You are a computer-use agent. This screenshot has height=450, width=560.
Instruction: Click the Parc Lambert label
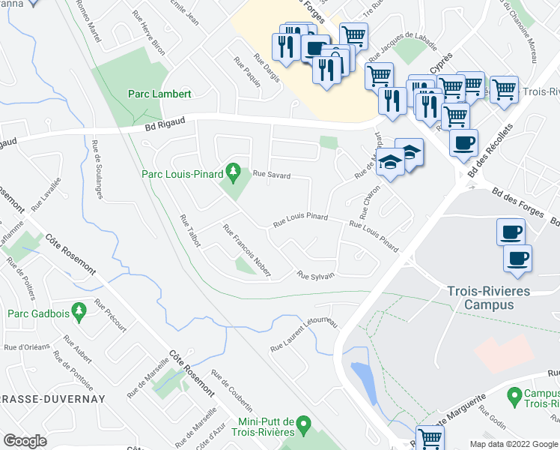click(x=159, y=94)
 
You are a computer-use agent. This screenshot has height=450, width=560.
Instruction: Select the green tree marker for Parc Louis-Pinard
click(x=233, y=174)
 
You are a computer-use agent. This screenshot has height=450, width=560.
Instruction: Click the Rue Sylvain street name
click(x=315, y=275)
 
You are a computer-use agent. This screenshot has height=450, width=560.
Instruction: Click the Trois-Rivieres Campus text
click(x=490, y=298)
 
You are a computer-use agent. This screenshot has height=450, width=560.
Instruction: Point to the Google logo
click(x=25, y=441)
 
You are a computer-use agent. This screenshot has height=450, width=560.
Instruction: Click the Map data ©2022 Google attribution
click(x=513, y=444)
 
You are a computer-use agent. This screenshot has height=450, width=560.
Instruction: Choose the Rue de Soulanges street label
click(x=98, y=169)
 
